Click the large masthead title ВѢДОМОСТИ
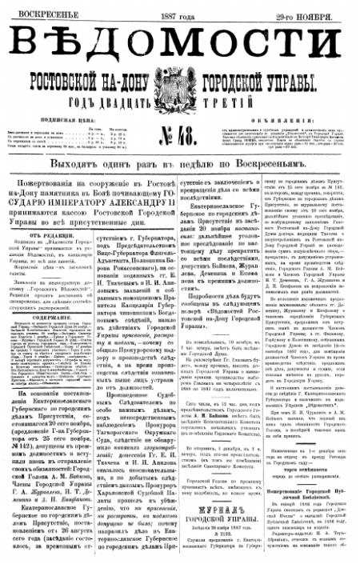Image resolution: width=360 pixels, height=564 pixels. pyautogui.click(x=180, y=38)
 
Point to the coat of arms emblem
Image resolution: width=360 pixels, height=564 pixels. pyautogui.click(x=179, y=83)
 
